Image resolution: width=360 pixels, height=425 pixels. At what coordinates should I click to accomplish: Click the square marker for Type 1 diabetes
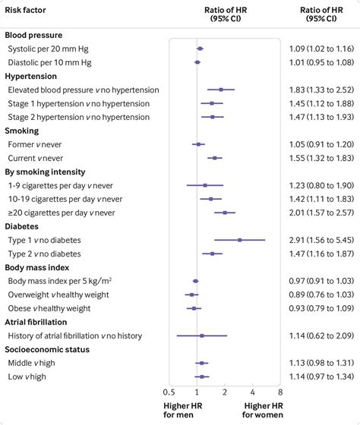(240, 240)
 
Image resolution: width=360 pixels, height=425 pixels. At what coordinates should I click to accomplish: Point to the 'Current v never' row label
(34, 158)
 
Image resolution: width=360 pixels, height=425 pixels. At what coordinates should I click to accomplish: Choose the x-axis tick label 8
(280, 392)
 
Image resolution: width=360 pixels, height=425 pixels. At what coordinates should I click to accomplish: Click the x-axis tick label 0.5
(169, 392)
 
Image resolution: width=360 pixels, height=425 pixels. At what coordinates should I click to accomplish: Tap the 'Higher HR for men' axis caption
(182, 411)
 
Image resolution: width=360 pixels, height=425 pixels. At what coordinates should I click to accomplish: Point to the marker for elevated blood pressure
(221, 90)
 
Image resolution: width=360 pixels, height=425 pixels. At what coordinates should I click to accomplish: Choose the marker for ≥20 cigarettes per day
(225, 212)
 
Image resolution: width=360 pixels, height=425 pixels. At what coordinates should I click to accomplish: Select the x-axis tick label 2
(225, 392)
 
